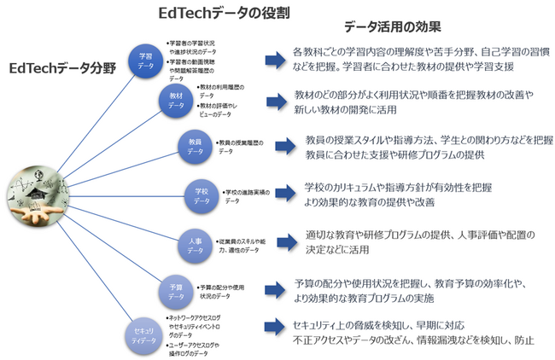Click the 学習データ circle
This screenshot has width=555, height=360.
(x=146, y=60)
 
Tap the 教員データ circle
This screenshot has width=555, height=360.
(x=196, y=145)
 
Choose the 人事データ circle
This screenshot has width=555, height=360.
(x=195, y=247)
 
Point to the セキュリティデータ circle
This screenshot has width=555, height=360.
(x=144, y=333)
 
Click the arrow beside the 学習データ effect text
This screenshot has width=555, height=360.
(x=275, y=59)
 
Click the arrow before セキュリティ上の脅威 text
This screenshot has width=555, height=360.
(x=275, y=325)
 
